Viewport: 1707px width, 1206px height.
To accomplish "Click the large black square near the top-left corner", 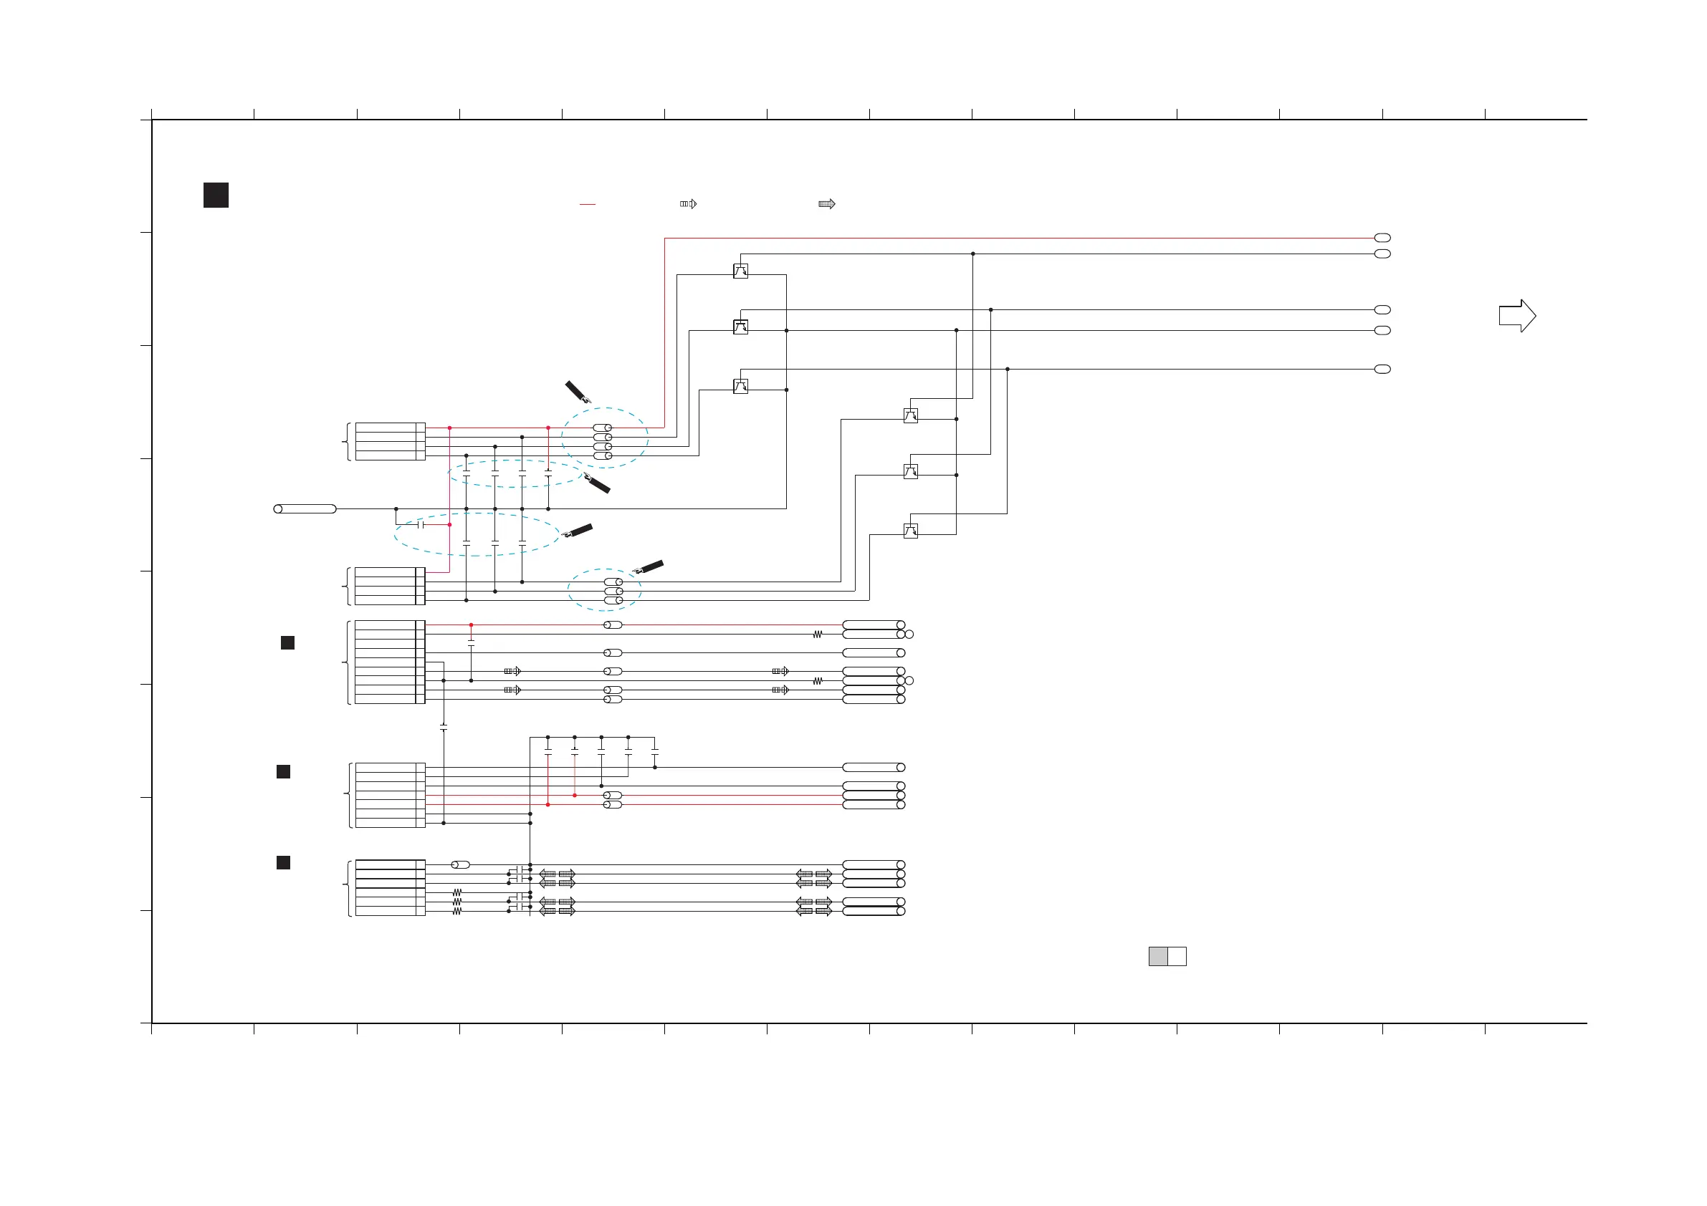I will tap(216, 195).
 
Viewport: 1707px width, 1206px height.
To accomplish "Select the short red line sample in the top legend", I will tap(588, 204).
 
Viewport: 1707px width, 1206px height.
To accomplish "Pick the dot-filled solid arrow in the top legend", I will tap(827, 203).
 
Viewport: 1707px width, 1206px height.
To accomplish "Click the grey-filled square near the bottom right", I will tap(1157, 956).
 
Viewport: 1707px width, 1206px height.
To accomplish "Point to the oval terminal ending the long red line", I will tap(1382, 238).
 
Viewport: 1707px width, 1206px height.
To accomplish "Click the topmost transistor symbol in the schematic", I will tap(740, 271).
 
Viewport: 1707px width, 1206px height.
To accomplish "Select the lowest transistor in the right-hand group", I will tap(910, 531).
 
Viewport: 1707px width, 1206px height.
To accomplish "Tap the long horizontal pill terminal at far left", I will tap(305, 509).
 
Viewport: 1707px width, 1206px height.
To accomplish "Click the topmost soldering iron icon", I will tap(578, 392).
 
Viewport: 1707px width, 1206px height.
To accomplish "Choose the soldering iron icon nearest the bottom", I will tap(648, 568).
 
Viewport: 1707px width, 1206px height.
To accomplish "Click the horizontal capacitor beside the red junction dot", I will tap(421, 525).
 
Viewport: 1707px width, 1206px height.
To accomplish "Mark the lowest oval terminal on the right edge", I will tap(1382, 370).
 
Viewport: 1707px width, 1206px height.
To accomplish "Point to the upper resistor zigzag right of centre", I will tap(818, 635).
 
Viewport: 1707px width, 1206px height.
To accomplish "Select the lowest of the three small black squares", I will tap(283, 862).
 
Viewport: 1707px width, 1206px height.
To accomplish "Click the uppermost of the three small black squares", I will tap(287, 643).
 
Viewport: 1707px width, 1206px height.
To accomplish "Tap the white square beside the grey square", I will tap(1177, 956).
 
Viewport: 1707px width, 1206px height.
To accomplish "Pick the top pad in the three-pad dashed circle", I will tap(613, 582).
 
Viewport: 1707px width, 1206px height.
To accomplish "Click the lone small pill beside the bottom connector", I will tap(461, 865).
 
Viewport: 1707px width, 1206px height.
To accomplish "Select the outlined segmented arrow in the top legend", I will tap(689, 203).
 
